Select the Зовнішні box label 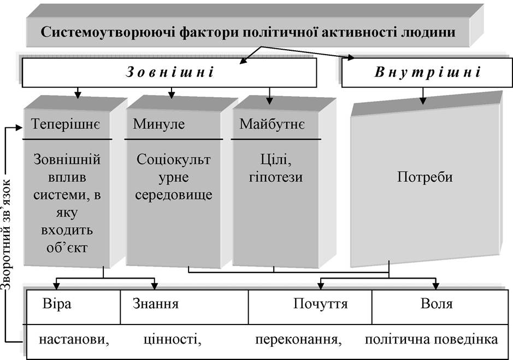170,72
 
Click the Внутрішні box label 428,72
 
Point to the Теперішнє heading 66,125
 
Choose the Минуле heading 158,124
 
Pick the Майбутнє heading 272,125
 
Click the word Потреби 424,177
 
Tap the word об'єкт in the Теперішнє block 67,247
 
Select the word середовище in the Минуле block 174,195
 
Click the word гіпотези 276,178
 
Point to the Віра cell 57,304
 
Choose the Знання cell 156,304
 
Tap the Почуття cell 320,304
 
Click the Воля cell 437,304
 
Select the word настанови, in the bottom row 74,340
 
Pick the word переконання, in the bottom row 298,340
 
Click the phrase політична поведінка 432,339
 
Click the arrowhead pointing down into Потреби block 423,101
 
